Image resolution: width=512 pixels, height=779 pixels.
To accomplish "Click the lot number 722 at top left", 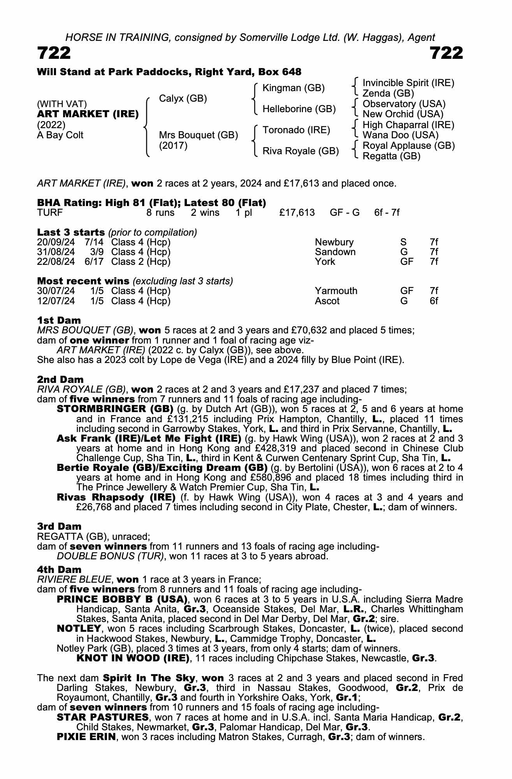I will click(x=54, y=53).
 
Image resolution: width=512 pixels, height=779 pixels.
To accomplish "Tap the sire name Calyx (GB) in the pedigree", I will click(x=183, y=99).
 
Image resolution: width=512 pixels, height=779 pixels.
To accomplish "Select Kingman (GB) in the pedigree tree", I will click(x=294, y=88).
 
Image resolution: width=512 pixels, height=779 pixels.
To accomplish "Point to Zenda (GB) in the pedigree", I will click(x=388, y=93).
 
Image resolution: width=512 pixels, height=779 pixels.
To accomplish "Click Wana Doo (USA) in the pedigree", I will click(x=400, y=135).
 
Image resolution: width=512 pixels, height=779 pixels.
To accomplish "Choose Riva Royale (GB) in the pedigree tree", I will click(x=301, y=151).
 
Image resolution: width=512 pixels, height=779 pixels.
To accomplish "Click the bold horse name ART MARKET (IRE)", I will click(x=88, y=114).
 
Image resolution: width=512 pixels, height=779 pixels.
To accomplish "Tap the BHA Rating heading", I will click(x=151, y=203).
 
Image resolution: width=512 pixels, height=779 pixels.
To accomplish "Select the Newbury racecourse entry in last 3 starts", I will click(x=334, y=242).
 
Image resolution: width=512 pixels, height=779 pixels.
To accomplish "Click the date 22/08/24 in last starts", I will click(x=56, y=261).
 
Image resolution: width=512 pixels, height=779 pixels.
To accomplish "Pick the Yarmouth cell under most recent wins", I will click(x=336, y=291).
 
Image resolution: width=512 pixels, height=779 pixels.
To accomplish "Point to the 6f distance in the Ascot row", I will click(x=434, y=301).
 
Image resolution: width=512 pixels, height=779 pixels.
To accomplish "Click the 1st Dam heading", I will click(x=59, y=321).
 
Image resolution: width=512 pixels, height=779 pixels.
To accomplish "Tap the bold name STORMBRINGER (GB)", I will click(x=115, y=409).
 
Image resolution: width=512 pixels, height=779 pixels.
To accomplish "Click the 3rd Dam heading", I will click(x=60, y=527).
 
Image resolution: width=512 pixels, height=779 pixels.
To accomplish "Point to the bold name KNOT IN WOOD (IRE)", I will click(x=133, y=658).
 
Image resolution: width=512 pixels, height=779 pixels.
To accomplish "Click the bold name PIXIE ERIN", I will click(x=86, y=737).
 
